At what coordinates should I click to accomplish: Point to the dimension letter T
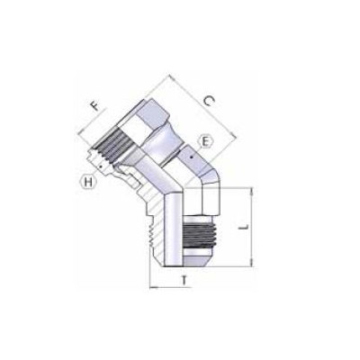[x=184, y=281]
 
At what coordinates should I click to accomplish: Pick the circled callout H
[x=89, y=183]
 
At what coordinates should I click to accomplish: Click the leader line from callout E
[x=197, y=149]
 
